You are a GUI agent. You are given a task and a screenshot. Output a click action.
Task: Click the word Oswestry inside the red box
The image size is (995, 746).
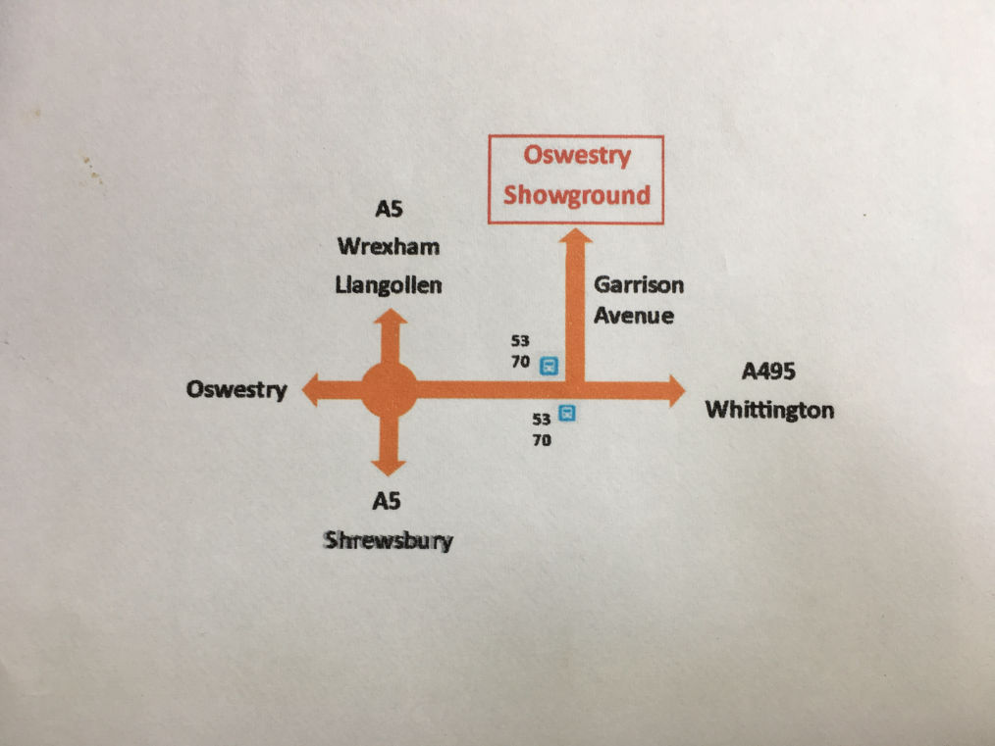pyautogui.click(x=576, y=156)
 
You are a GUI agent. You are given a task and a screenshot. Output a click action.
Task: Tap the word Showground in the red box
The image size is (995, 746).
pyautogui.click(x=576, y=194)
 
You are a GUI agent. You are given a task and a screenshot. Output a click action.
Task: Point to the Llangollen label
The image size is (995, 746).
pyautogui.click(x=389, y=285)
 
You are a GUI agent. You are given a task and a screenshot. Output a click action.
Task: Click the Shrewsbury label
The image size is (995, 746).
pyautogui.click(x=389, y=540)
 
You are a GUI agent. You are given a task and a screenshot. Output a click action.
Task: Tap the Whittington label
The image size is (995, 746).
pyautogui.click(x=770, y=409)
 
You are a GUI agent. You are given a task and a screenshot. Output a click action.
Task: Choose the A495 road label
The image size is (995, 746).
pyautogui.click(x=768, y=372)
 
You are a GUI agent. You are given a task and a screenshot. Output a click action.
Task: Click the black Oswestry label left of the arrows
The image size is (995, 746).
pyautogui.click(x=236, y=390)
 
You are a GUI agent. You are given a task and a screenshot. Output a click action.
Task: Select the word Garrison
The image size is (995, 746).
pyautogui.click(x=638, y=285)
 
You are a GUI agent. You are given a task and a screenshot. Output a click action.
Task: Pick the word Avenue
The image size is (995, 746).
pyautogui.click(x=633, y=316)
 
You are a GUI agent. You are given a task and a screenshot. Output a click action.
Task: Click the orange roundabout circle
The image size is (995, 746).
pyautogui.click(x=390, y=390)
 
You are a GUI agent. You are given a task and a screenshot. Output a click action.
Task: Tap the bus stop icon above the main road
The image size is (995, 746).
pyautogui.click(x=549, y=366)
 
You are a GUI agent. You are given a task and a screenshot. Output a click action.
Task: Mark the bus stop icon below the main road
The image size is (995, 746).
pyautogui.click(x=566, y=414)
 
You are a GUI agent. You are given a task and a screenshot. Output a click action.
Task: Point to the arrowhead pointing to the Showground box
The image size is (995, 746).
pyautogui.click(x=576, y=237)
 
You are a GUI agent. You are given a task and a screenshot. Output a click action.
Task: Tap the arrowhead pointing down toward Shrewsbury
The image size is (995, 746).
pyautogui.click(x=390, y=468)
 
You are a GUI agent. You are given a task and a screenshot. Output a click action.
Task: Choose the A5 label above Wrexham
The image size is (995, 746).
pyautogui.click(x=390, y=209)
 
